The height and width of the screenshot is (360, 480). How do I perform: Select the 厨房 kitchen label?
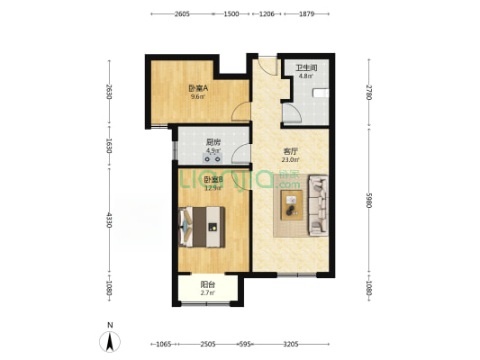point(213,142)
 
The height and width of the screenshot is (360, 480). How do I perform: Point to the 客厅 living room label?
point(266,150)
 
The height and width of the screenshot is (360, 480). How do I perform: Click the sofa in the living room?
point(319,205)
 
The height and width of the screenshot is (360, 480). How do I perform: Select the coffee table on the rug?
point(292,205)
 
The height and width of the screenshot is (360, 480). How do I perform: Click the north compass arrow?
point(110,341)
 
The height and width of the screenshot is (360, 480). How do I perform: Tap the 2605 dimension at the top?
point(182,14)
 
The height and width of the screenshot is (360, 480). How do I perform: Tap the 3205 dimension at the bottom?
point(290,344)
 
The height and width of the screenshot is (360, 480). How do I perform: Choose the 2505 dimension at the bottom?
point(208,344)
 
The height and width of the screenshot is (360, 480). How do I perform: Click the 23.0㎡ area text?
point(266,159)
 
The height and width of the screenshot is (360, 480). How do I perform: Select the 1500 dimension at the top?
point(231,14)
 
